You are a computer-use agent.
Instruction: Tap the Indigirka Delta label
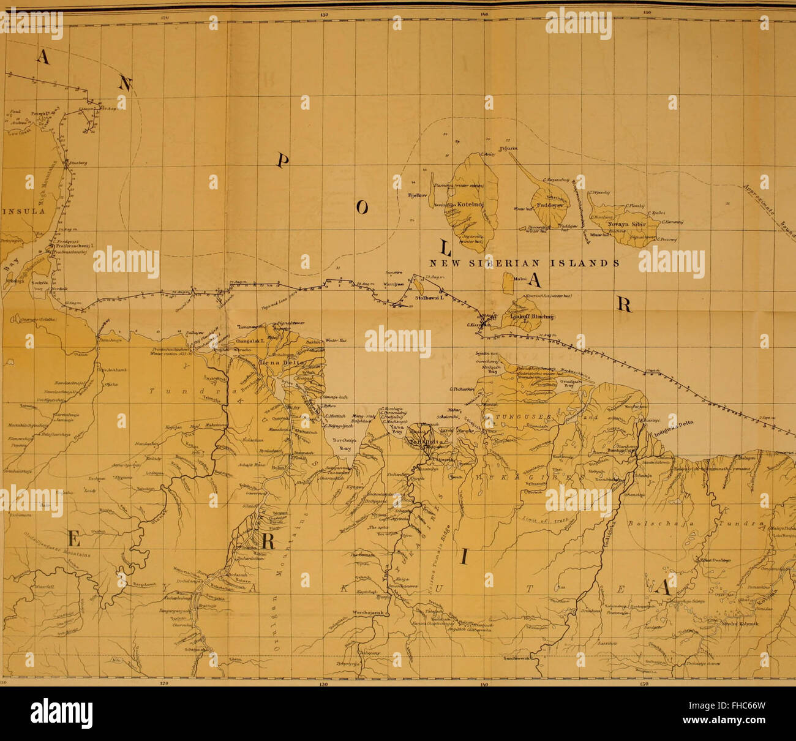click(677, 431)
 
